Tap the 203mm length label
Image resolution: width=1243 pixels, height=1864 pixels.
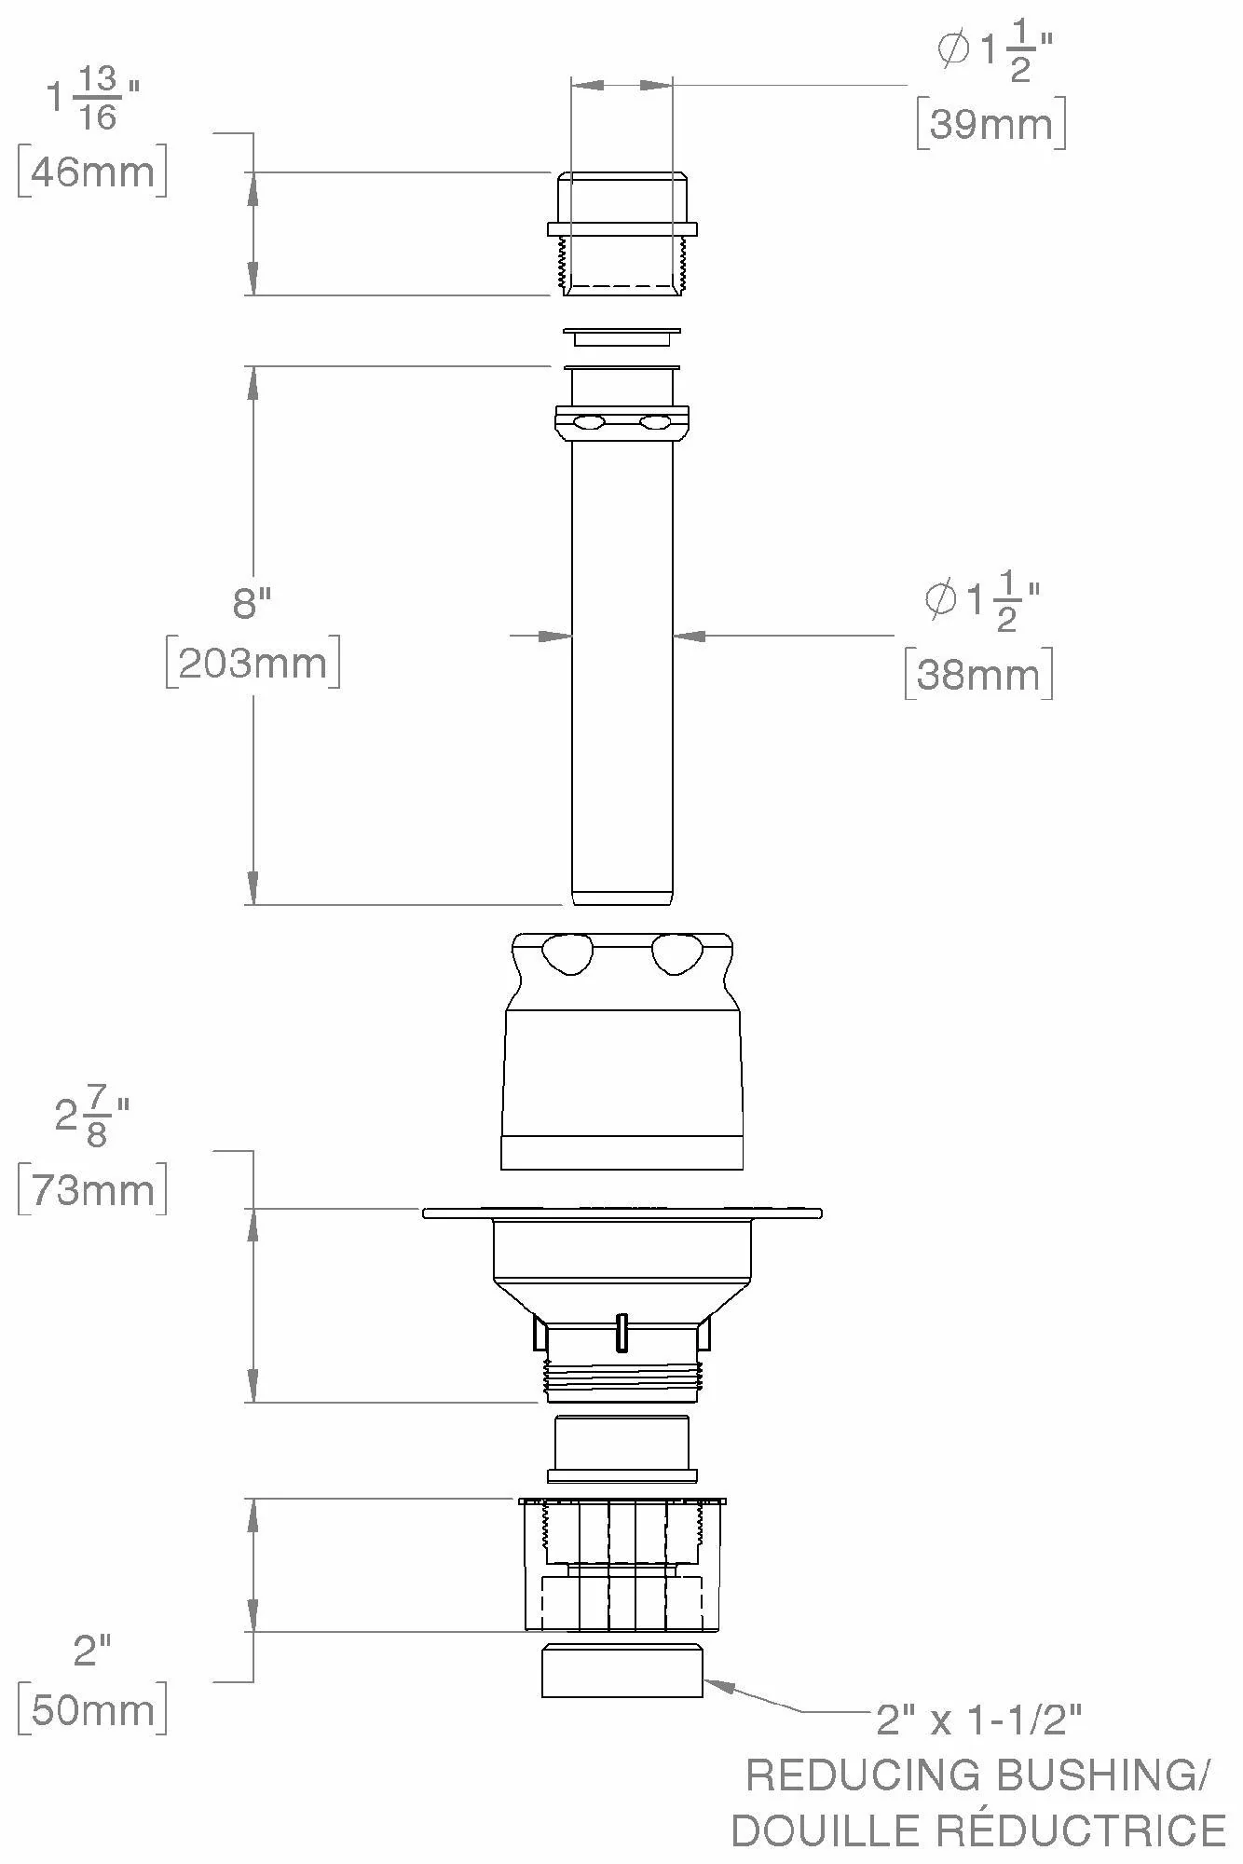[253, 664]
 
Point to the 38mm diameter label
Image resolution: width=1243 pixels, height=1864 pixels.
[978, 674]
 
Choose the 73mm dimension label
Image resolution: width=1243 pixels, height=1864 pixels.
[93, 1190]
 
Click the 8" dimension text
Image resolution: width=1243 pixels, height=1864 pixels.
[252, 603]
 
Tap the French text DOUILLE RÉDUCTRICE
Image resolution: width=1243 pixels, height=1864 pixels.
[978, 1830]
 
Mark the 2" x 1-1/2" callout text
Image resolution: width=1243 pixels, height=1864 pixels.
[979, 1720]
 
